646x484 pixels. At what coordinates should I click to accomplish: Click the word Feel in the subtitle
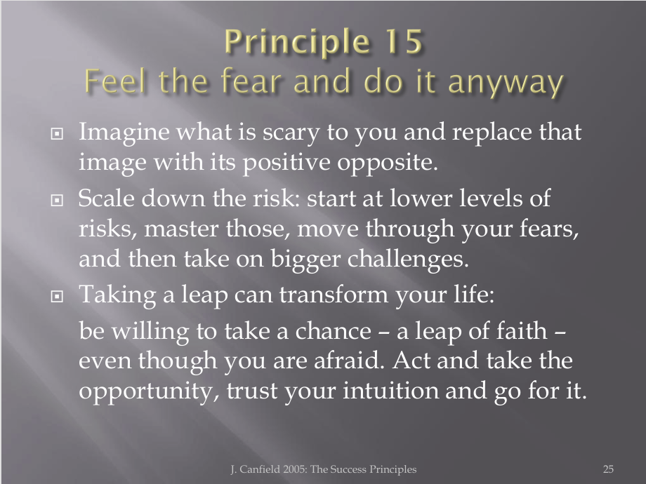coord(115,80)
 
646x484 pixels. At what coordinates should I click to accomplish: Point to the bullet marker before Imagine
coord(57,133)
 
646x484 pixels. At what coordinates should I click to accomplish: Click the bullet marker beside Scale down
coord(57,200)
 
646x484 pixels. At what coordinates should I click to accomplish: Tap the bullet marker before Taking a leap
coord(57,296)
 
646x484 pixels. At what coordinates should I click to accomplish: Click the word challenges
coord(408,260)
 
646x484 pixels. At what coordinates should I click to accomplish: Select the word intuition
coord(390,390)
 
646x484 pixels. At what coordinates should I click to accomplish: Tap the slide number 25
coord(608,469)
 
